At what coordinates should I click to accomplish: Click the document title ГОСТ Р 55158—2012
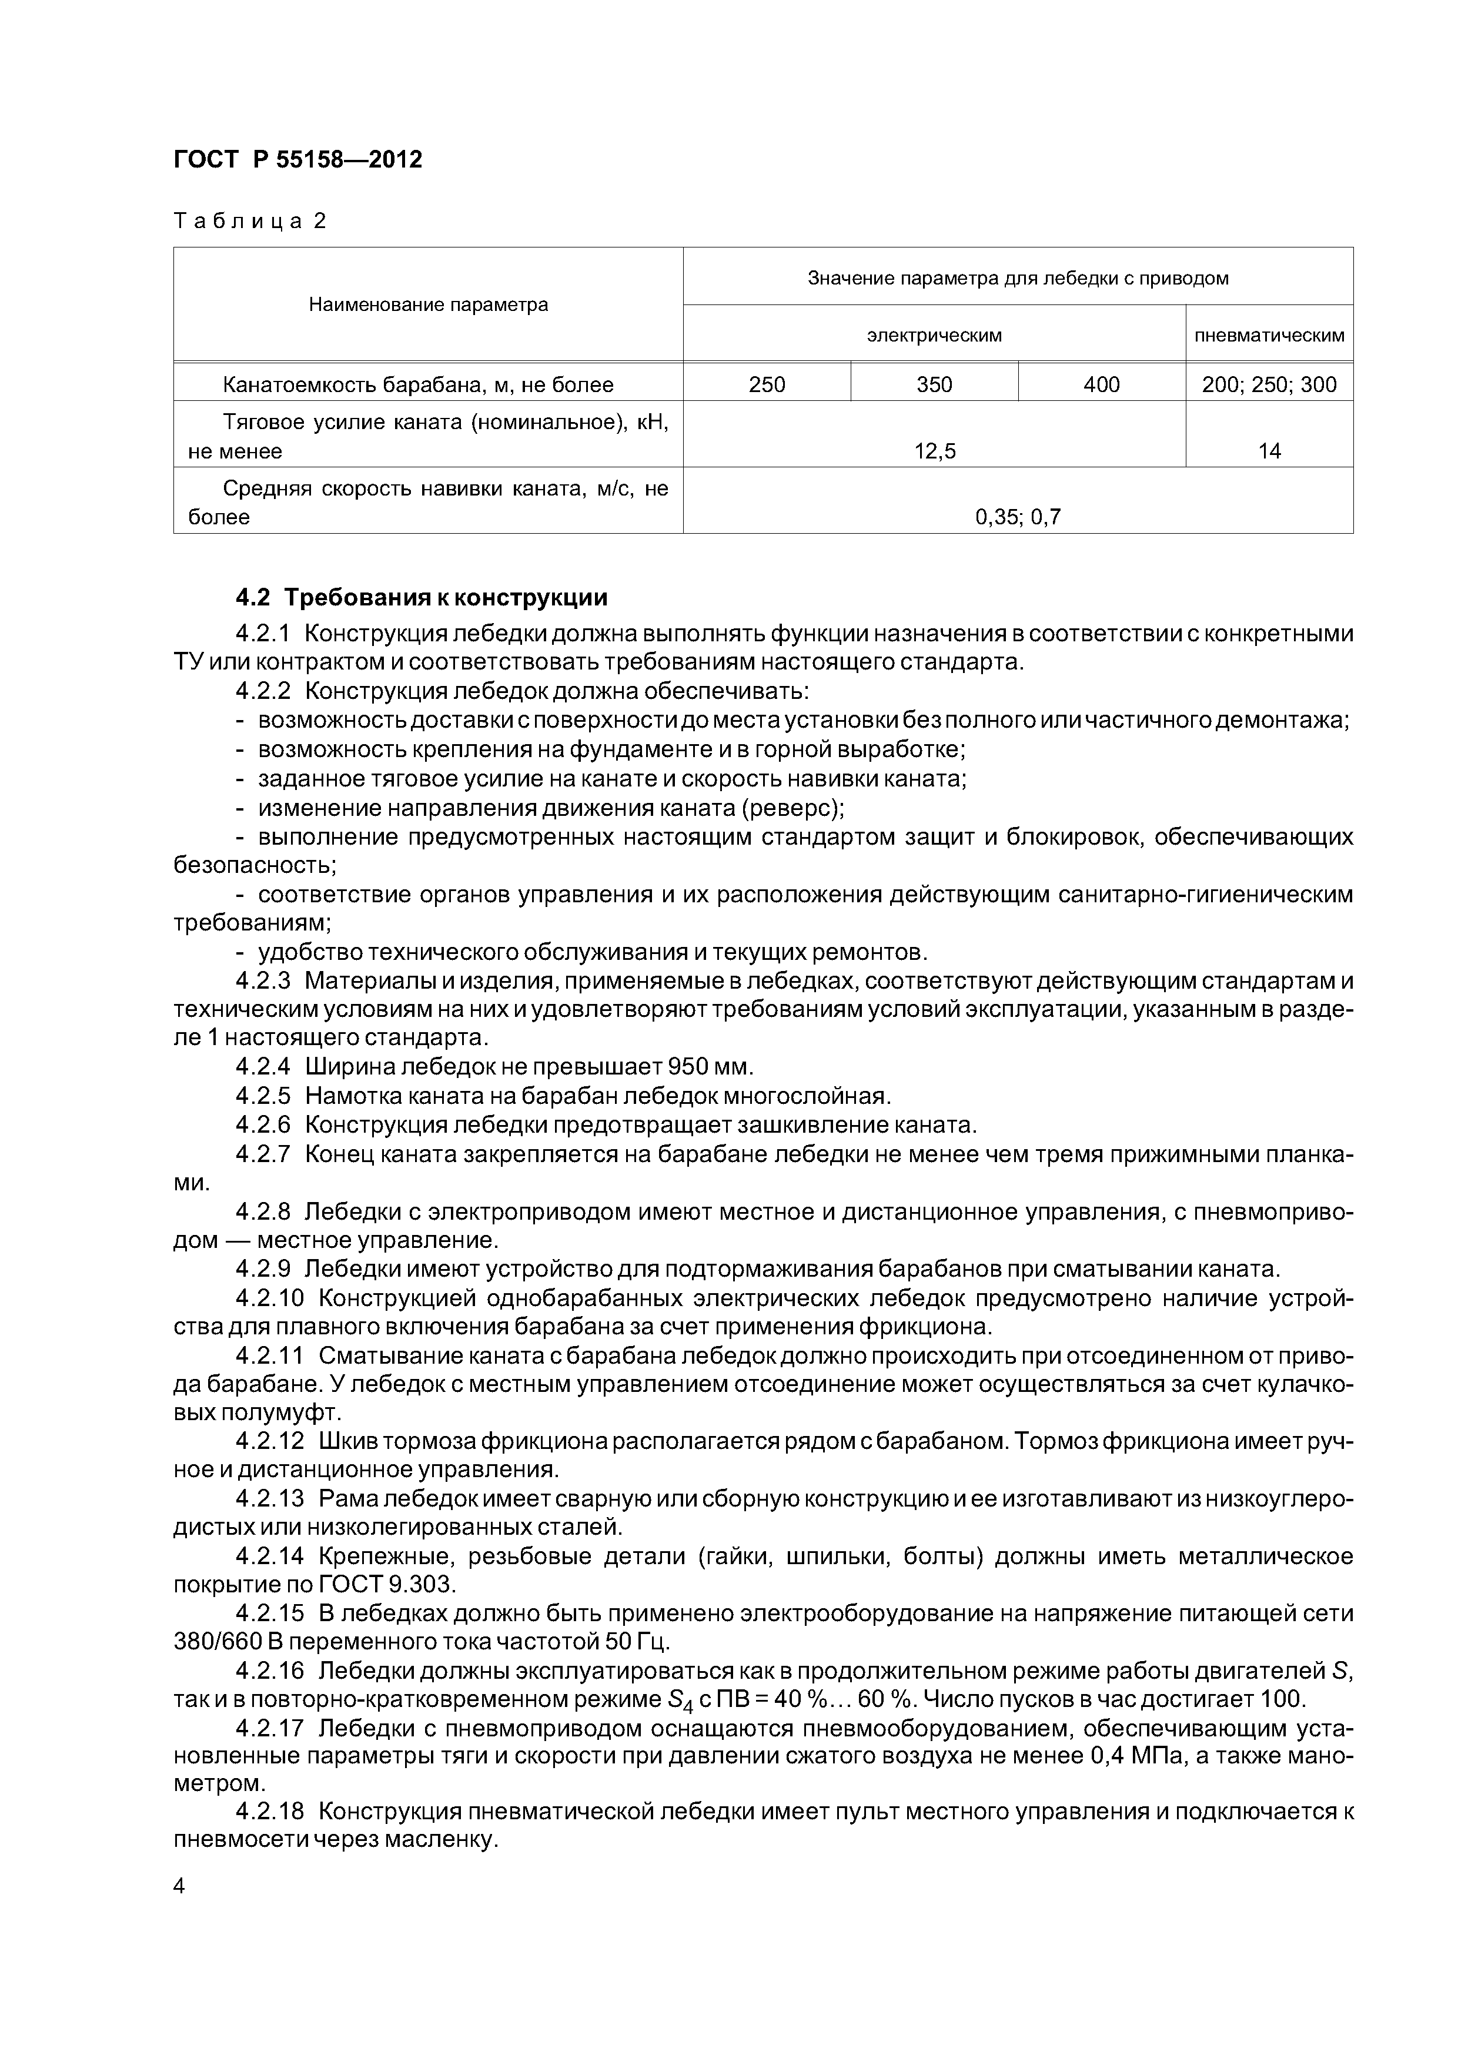pyautogui.click(x=297, y=160)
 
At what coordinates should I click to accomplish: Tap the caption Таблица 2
pyautogui.click(x=250, y=221)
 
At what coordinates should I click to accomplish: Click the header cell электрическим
pyautogui.click(x=934, y=335)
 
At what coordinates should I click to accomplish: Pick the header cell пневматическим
pyautogui.click(x=1269, y=335)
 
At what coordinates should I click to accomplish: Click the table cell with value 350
pyautogui.click(x=934, y=384)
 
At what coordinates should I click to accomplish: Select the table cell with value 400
pyautogui.click(x=1101, y=384)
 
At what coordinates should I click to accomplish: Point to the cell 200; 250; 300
pyautogui.click(x=1269, y=384)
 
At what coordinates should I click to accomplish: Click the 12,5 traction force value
pyautogui.click(x=934, y=451)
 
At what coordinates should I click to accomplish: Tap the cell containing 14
pyautogui.click(x=1269, y=451)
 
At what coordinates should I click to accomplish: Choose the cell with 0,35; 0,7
pyautogui.click(x=1018, y=517)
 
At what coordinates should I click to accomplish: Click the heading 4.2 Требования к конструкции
pyautogui.click(x=422, y=597)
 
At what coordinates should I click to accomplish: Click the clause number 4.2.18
pyautogui.click(x=269, y=1812)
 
